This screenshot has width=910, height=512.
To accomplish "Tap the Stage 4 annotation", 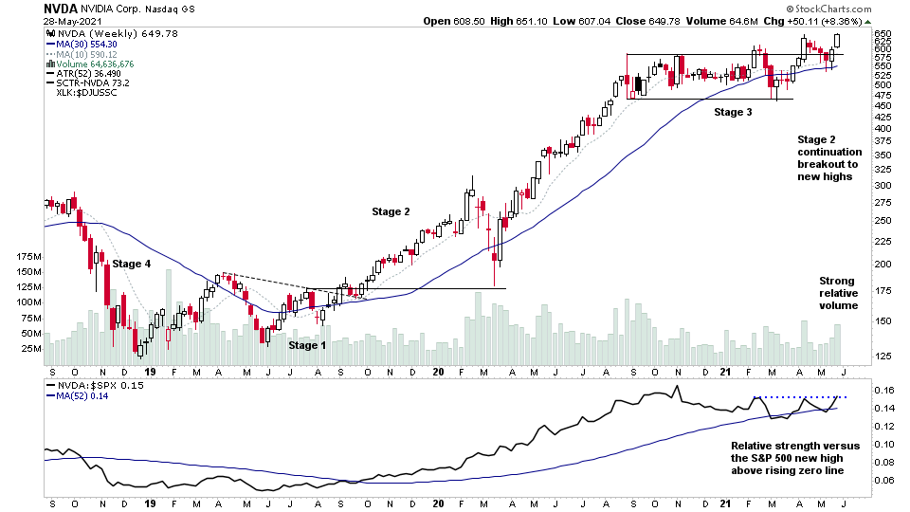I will (132, 264).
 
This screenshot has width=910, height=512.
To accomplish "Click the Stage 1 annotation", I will (307, 345).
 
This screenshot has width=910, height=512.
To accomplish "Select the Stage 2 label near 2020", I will (391, 211).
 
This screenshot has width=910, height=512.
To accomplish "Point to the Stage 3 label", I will (733, 112).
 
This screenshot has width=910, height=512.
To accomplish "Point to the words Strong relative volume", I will (838, 293).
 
